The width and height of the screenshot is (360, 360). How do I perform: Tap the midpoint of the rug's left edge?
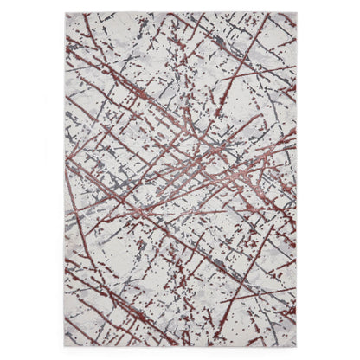tap(65, 180)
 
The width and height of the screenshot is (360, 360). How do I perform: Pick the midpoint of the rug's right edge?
tap(296, 180)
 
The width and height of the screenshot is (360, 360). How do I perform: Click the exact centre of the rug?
tap(180, 180)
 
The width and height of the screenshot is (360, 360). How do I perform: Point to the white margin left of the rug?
tap(31, 180)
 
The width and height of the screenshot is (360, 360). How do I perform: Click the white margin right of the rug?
tap(329, 180)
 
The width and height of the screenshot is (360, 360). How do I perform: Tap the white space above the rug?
tap(180, 6)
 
